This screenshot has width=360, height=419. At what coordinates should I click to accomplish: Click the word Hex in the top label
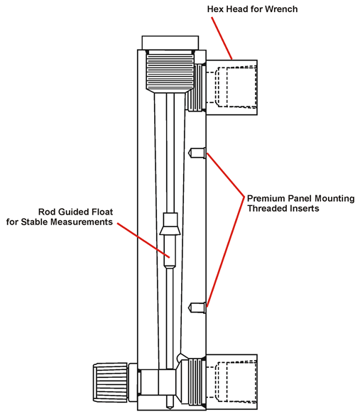(x=215, y=9)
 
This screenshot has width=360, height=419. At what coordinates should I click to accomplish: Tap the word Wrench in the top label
(x=281, y=9)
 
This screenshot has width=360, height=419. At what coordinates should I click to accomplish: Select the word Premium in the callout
(x=266, y=199)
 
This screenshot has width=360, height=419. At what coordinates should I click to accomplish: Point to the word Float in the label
(x=102, y=212)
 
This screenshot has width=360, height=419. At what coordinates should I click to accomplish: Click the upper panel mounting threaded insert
(x=197, y=153)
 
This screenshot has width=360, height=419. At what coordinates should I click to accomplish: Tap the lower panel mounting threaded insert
(x=197, y=308)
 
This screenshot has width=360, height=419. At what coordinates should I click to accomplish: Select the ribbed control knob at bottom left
(x=110, y=382)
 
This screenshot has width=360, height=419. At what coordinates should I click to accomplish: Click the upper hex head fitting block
(x=231, y=87)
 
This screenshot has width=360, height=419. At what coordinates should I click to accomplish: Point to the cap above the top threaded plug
(x=170, y=43)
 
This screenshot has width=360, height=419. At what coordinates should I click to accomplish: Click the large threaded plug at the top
(x=170, y=71)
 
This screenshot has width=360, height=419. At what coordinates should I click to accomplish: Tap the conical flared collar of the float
(x=170, y=231)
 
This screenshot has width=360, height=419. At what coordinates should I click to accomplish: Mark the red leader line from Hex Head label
(x=222, y=38)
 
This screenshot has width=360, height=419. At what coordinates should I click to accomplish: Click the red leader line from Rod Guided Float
(x=143, y=240)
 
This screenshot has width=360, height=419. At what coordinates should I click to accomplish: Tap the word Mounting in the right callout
(x=334, y=199)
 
